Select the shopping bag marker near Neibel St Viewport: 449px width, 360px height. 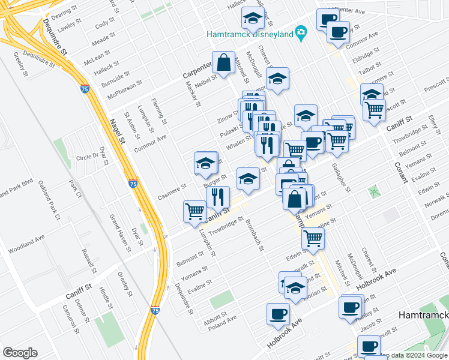tap(223, 63)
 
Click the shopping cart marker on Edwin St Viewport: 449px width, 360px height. tap(313, 238)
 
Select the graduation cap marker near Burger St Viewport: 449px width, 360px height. tap(205, 163)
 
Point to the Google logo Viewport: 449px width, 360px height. tap(20, 352)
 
